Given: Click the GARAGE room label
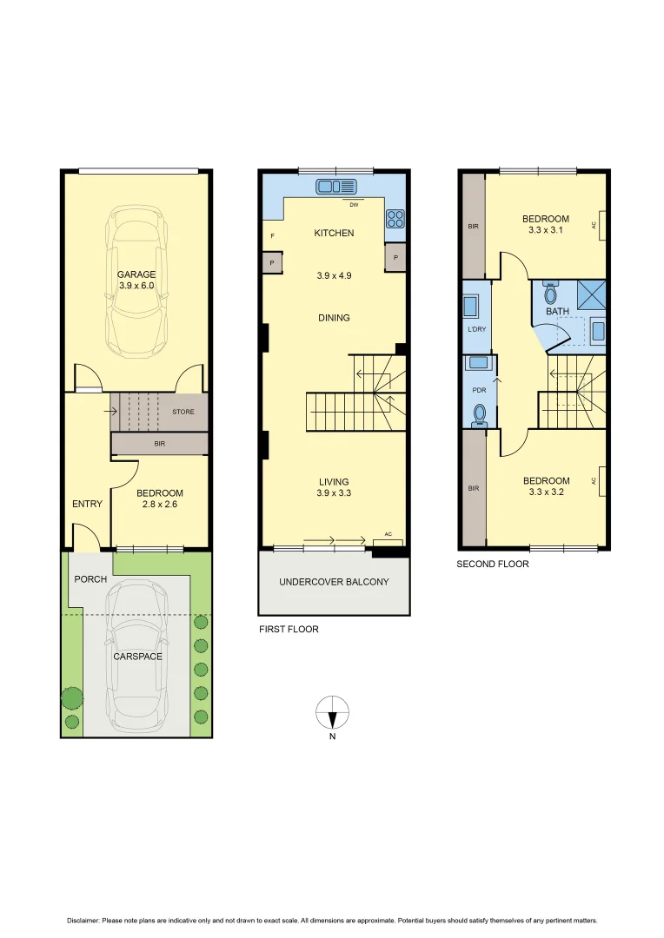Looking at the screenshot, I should coord(136,274).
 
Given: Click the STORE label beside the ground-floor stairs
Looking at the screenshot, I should coord(183,412).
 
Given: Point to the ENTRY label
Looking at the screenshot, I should coord(87,504).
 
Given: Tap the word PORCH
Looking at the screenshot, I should coord(90,579).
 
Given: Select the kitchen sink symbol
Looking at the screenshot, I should coord(337,185).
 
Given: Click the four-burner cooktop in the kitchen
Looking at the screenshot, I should coord(395,217).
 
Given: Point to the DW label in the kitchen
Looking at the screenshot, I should coord(354,205).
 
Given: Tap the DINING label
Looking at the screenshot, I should coord(334,318).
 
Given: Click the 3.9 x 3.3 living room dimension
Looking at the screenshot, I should coord(334,493).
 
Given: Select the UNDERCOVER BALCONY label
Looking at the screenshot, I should coord(334,581).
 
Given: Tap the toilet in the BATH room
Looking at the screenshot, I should coord(550,294).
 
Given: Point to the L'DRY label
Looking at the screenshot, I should coord(477,330).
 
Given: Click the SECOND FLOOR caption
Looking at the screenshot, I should coord(493,564).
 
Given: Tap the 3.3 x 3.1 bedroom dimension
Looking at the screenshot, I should coord(546,230).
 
